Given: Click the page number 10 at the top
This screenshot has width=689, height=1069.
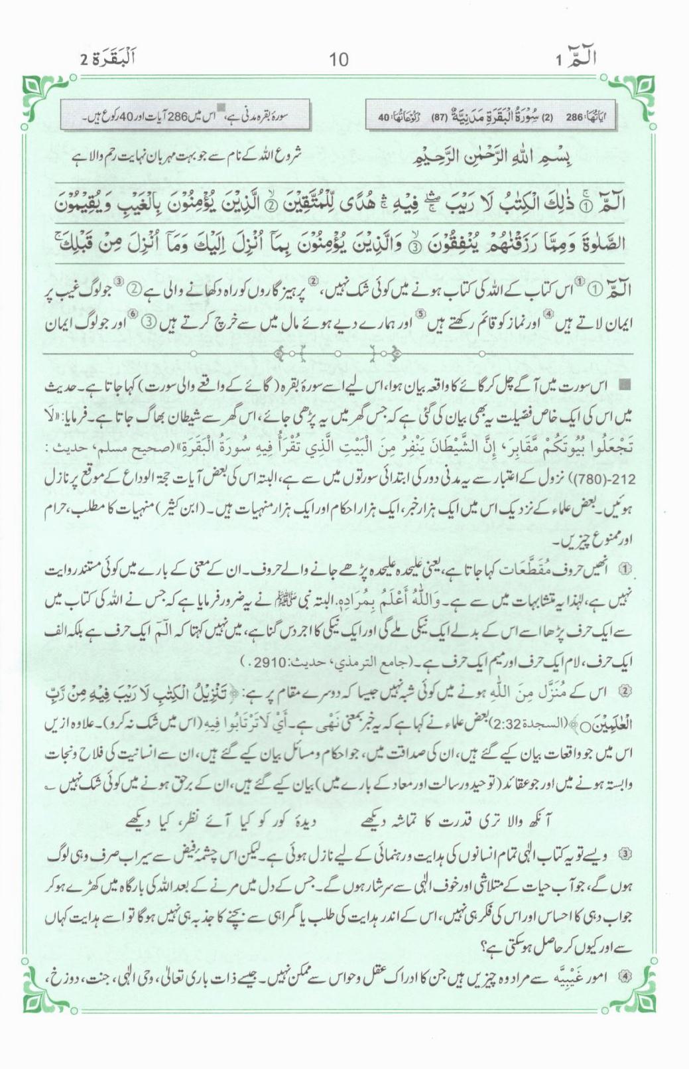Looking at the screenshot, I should (338, 60).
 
